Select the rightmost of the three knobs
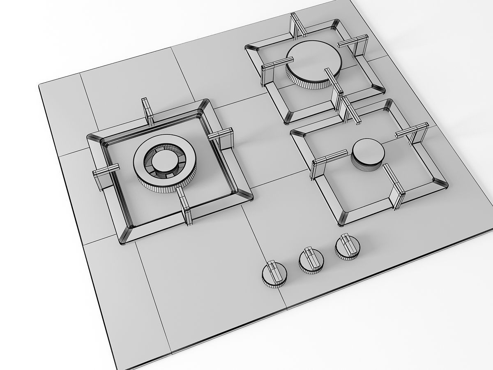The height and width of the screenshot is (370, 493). (x=348, y=248)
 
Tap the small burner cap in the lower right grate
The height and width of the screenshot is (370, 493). (x=368, y=153)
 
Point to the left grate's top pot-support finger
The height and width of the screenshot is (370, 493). (x=147, y=112)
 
